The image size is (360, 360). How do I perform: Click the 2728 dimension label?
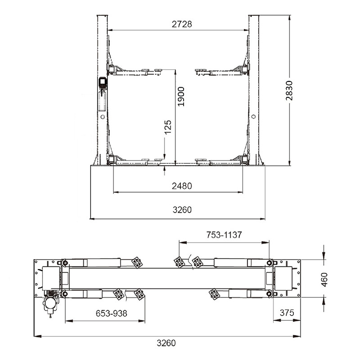182,24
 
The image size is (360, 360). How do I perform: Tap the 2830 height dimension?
289,90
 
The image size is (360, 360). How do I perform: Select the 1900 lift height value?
181,96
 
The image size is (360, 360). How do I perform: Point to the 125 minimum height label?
168,127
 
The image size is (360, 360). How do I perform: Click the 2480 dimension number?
182,186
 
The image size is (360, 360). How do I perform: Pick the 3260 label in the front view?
182,210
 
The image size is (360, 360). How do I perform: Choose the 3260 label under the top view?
166,343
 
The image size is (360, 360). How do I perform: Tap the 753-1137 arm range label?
224,235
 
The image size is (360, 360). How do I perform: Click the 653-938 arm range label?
111,313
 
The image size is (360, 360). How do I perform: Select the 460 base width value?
324,279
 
